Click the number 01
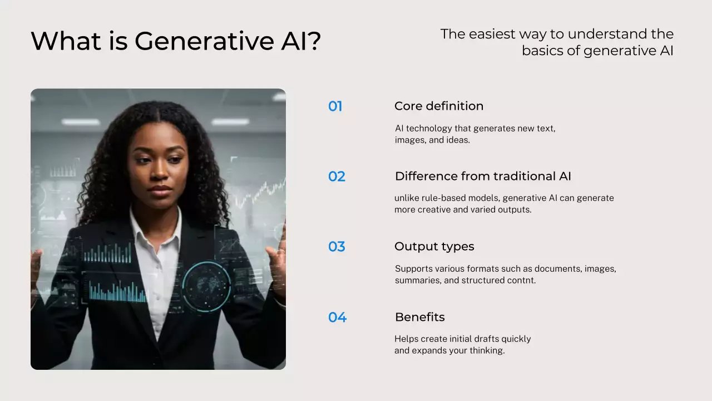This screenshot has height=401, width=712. (335, 106)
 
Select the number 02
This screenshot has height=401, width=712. (337, 177)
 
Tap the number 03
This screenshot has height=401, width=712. (337, 247)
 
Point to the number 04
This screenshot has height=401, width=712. (337, 317)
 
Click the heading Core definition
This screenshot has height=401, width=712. (438, 106)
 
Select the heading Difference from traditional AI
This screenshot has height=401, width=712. (483, 177)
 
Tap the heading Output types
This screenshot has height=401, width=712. (434, 247)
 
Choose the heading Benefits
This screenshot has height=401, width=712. (419, 317)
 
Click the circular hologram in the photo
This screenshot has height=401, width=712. (206, 286)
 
